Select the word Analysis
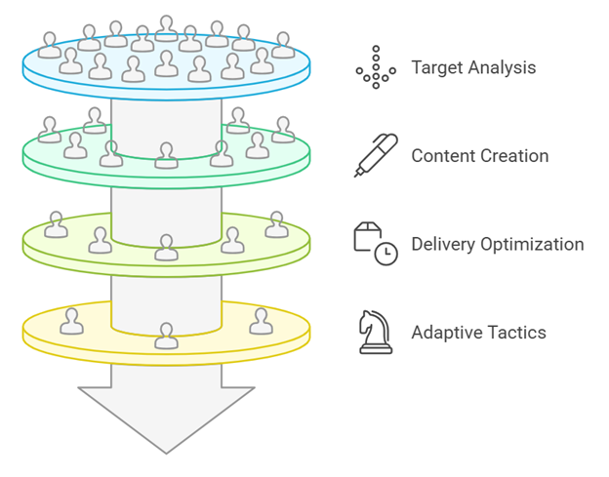pyautogui.click(x=502, y=67)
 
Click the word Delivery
pyautogui.click(x=443, y=245)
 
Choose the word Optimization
pyautogui.click(x=533, y=245)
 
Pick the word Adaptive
pyautogui.click(x=441, y=333)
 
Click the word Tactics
pyautogui.click(x=510, y=333)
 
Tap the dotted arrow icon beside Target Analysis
pyautogui.click(x=376, y=67)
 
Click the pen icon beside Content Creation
pyautogui.click(x=376, y=155)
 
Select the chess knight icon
pyautogui.click(x=376, y=333)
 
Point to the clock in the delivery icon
pyautogui.click(x=386, y=254)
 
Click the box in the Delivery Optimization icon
pyautogui.click(x=367, y=236)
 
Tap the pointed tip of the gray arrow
pyautogui.click(x=166, y=454)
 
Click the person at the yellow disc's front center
pyautogui.click(x=166, y=336)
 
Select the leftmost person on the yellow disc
pyautogui.click(x=71, y=321)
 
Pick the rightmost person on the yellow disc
pyautogui.click(x=261, y=321)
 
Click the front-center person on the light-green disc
pyautogui.click(x=166, y=248)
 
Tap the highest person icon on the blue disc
pyautogui.click(x=167, y=28)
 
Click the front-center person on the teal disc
pyautogui.click(x=166, y=155)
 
